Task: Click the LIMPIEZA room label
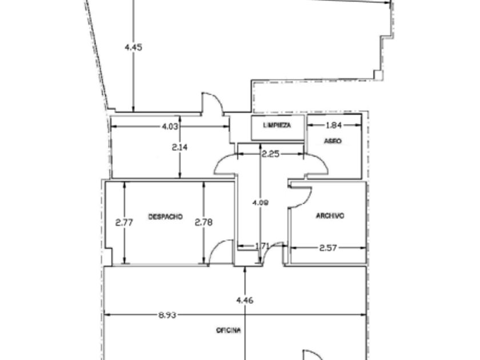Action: [x=277, y=125]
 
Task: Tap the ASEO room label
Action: [x=333, y=141]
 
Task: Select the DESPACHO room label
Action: [x=165, y=217]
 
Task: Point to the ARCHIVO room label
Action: [x=330, y=216]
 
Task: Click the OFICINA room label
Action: [x=229, y=330]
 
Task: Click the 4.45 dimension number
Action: [x=133, y=47]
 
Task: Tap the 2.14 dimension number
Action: [x=179, y=147]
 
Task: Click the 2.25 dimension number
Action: [x=270, y=153]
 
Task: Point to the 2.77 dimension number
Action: [x=124, y=222]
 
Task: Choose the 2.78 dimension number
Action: [x=203, y=222]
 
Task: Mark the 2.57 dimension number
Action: [x=328, y=247]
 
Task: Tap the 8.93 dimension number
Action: [x=167, y=315]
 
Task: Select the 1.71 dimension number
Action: [x=262, y=246]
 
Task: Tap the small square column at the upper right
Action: [x=377, y=74]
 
